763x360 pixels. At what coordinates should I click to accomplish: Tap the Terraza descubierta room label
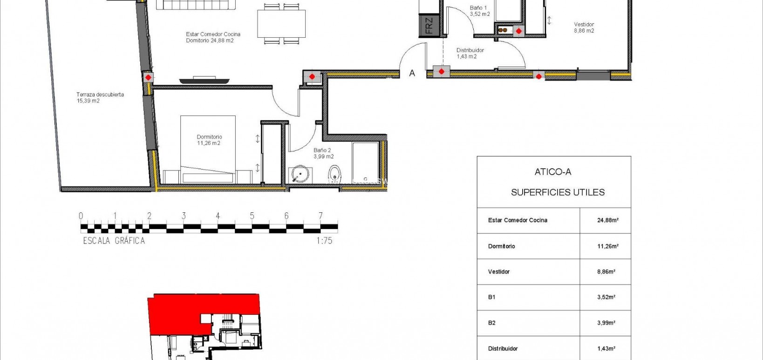point(100,97)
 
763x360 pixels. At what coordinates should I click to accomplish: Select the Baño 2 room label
point(323,153)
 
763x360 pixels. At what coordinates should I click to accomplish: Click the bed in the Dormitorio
point(208,149)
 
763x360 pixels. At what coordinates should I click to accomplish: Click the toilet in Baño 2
point(335,175)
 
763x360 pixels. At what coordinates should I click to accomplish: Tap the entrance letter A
point(412,73)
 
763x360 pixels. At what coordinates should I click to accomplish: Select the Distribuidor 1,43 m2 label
point(470,53)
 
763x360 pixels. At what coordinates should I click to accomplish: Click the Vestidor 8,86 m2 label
point(584,27)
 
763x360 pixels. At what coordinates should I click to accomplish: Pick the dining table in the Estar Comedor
point(281,24)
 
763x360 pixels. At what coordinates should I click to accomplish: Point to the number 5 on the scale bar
point(252,216)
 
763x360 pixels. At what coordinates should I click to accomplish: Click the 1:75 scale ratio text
point(324,241)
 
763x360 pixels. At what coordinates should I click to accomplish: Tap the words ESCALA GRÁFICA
point(114,241)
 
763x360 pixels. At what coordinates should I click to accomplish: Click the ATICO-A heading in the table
point(553,172)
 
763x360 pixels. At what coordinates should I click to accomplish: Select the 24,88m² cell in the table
point(607,220)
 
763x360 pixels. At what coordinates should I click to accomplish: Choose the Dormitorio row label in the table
point(502,246)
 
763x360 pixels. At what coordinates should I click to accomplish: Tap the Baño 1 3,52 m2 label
point(479,11)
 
